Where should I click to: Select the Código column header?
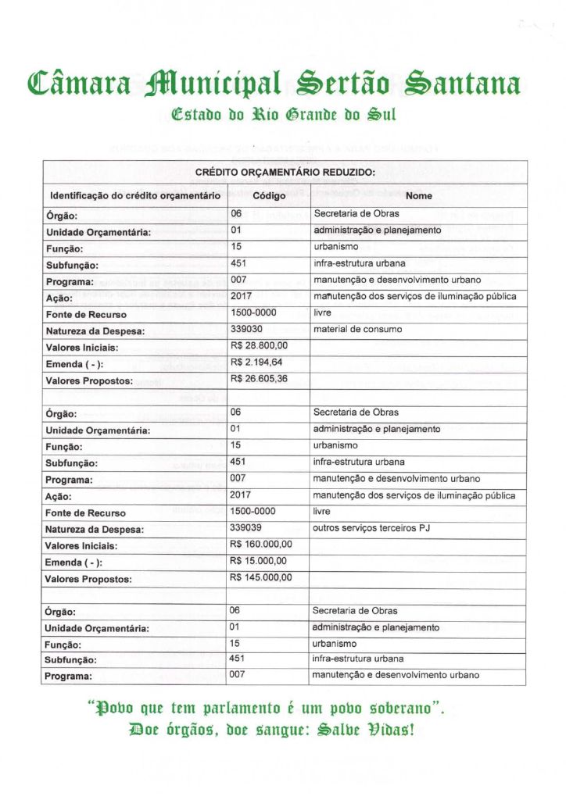click(x=269, y=195)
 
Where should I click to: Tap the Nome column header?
click(x=418, y=195)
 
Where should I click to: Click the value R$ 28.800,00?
click(x=260, y=345)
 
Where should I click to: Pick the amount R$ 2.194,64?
click(x=257, y=362)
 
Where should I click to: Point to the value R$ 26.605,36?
click(x=260, y=380)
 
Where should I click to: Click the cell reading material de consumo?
click(x=357, y=329)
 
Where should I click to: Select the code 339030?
click(x=245, y=329)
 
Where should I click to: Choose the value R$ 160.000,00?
click(x=262, y=545)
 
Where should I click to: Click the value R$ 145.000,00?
click(x=262, y=578)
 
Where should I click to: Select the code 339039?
click(x=245, y=528)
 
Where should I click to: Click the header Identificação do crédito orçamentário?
click(x=134, y=196)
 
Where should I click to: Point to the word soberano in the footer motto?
click(x=398, y=709)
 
